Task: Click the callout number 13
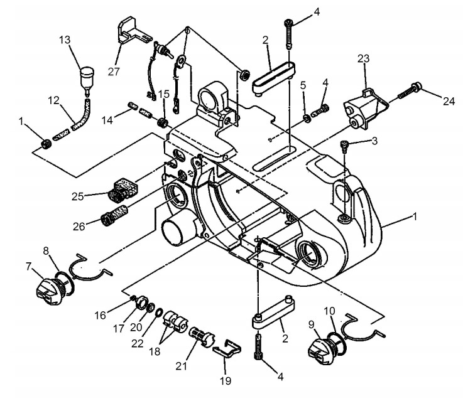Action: (x=65, y=40)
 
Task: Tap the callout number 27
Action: (x=114, y=72)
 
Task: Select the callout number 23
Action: (x=364, y=58)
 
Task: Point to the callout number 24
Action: (x=449, y=101)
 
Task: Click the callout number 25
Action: (x=78, y=196)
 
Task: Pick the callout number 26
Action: (x=79, y=227)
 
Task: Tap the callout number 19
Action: (x=226, y=381)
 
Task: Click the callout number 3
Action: (x=374, y=141)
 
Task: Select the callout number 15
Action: (x=164, y=94)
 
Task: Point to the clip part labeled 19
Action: (x=227, y=348)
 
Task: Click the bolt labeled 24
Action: (x=410, y=91)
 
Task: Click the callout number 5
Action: (x=303, y=85)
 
